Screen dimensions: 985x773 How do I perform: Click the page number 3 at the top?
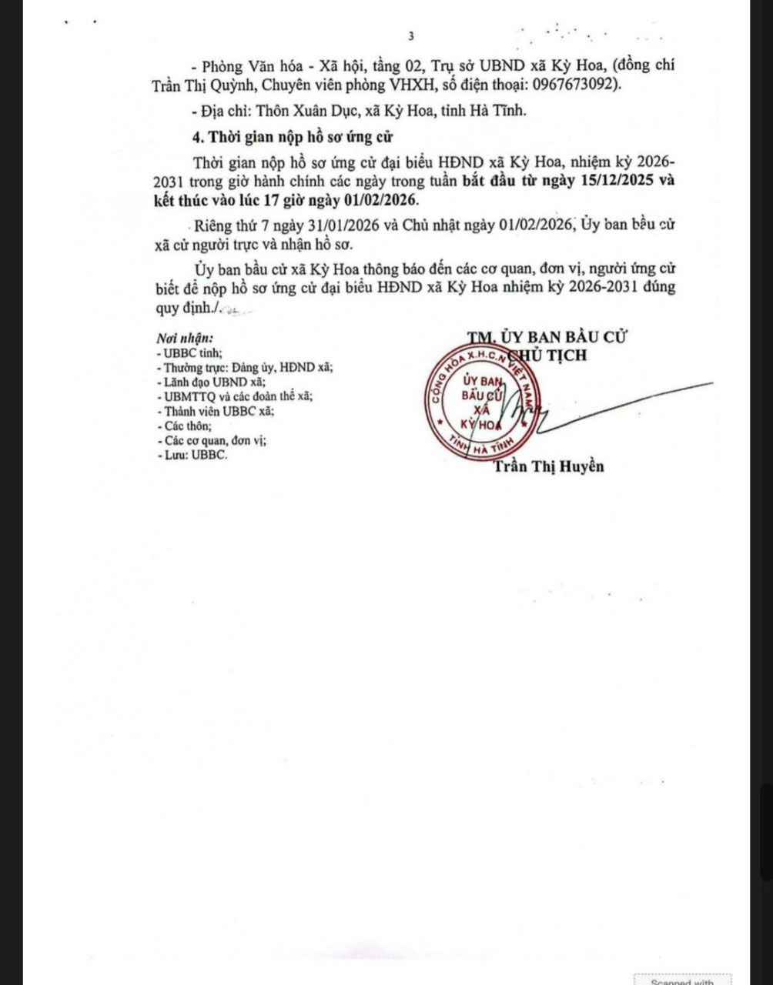(x=411, y=36)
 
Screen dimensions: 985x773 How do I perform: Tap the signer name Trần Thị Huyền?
(x=548, y=466)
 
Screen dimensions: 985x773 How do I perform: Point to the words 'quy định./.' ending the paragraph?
(x=188, y=308)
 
